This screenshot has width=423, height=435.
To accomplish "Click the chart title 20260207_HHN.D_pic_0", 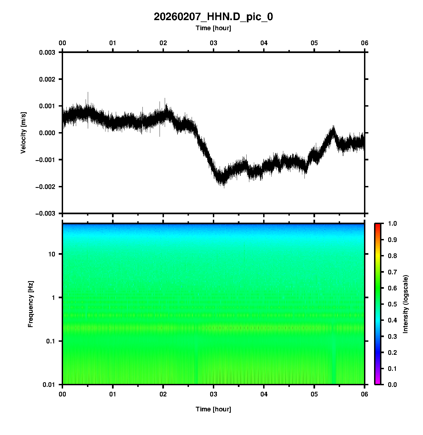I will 213,17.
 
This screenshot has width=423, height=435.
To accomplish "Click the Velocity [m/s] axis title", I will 23,133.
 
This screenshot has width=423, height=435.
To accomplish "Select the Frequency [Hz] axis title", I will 30,304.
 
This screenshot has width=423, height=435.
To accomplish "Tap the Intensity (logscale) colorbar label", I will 406,304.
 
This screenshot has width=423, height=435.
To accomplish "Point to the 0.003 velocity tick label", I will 47,52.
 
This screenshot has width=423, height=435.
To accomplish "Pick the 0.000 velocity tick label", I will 47,133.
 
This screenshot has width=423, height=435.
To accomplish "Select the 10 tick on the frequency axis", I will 52,254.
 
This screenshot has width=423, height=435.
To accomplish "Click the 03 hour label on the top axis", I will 213,43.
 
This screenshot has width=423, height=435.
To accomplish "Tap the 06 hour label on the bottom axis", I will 364,394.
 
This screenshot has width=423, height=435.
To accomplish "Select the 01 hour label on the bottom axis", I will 113,394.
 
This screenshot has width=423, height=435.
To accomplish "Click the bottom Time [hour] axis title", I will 213,409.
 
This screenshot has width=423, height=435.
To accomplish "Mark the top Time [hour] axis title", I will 213,28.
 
